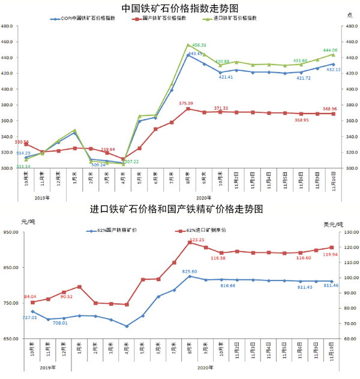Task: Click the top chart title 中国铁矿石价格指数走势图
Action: tap(179, 8)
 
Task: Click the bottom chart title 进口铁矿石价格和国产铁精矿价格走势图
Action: tap(179, 210)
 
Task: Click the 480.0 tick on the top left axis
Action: tap(8, 27)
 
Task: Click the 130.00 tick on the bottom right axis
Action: tap(349, 232)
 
